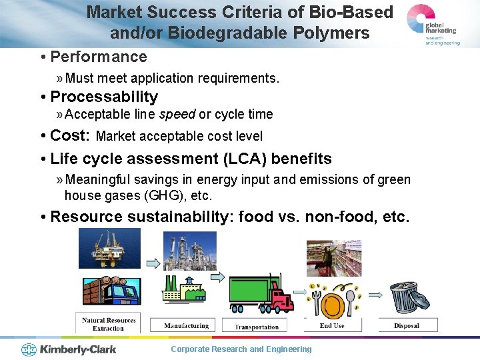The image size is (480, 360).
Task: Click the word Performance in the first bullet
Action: tap(99, 57)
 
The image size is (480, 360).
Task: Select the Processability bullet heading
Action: tap(104, 97)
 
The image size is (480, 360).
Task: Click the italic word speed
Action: tap(177, 114)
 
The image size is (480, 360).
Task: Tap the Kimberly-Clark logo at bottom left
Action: tap(69, 349)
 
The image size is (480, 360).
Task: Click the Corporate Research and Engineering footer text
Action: tap(241, 349)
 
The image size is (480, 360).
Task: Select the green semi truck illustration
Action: tap(261, 293)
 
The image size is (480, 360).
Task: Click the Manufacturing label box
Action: tap(187, 326)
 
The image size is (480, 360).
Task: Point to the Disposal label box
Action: tap(407, 325)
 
